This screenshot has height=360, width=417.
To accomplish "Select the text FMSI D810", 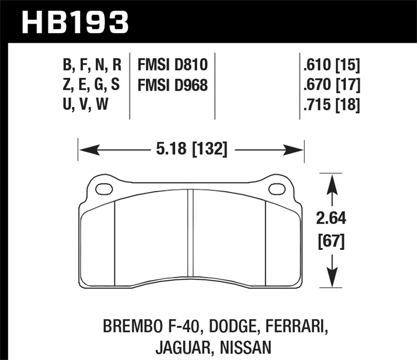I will coord(172,65).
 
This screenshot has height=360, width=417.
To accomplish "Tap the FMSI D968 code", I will coord(172,85).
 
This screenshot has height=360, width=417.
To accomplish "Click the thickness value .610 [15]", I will coord(332,65).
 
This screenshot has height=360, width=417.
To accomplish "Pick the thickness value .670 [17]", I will coord(332,85).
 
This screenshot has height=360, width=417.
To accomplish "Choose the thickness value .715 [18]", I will coord(332,104).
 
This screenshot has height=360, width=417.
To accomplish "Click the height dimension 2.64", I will coord(331,218).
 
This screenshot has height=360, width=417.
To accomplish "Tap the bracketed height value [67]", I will coord(331,241).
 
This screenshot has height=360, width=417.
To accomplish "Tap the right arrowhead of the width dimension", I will coord(295,150).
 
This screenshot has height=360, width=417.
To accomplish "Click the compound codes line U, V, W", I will coord(85,104).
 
